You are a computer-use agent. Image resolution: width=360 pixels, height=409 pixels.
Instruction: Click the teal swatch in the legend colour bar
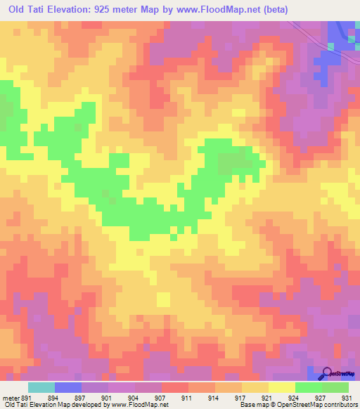[41, 387]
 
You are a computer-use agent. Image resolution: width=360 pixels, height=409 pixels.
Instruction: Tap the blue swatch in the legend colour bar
[68, 387]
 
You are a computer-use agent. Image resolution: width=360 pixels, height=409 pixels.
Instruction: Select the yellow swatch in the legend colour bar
[281, 387]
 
